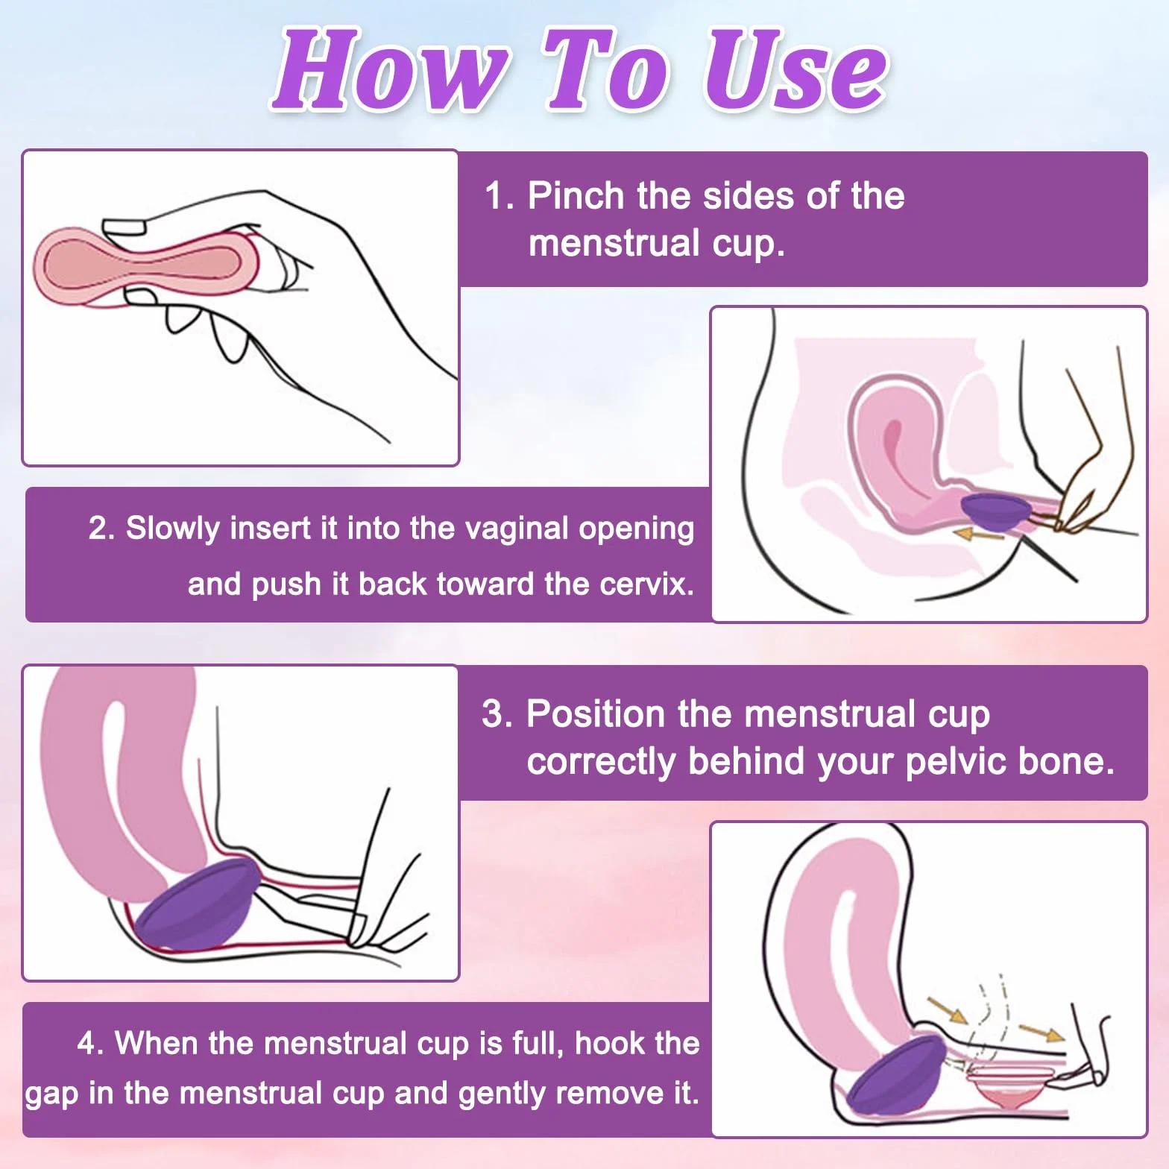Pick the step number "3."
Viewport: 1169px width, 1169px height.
pos(497,713)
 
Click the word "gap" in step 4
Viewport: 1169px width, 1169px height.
pos(51,1094)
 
